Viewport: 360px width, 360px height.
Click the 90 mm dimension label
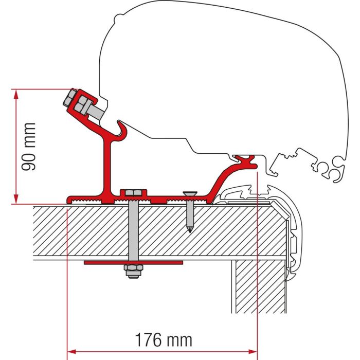coord(30,147)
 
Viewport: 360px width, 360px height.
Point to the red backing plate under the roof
coord(133,262)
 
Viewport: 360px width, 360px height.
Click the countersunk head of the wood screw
coord(189,194)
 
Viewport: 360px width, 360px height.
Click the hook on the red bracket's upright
coord(123,131)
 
